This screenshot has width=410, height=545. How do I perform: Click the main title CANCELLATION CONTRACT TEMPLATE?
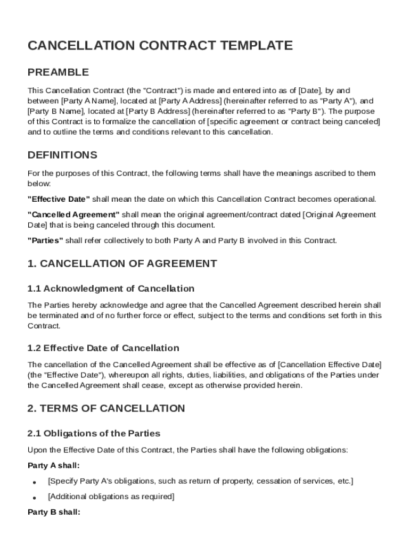click(x=160, y=46)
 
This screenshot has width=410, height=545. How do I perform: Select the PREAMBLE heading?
click(x=58, y=72)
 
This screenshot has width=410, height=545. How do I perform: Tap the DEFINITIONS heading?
click(x=62, y=155)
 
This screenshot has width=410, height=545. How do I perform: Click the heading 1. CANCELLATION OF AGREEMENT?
click(x=122, y=263)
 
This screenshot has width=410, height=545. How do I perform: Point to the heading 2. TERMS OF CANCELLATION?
click(x=106, y=409)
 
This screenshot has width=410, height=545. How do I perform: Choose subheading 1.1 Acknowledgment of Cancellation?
click(x=111, y=289)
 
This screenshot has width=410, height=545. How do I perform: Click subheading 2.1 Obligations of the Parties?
click(x=94, y=434)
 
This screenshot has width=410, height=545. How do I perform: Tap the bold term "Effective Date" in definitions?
click(x=59, y=199)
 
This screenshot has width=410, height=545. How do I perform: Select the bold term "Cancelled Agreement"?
click(x=73, y=215)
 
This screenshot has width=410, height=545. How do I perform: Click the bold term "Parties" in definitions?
click(x=45, y=241)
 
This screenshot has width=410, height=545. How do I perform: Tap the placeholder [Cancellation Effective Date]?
click(x=330, y=365)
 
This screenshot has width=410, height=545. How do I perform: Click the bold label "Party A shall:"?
click(x=53, y=466)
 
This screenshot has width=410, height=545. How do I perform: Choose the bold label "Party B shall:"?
click(x=53, y=513)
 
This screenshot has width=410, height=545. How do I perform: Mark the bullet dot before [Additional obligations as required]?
click(x=34, y=498)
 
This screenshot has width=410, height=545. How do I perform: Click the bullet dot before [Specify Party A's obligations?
click(x=34, y=483)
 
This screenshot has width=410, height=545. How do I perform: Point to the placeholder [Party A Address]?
click(x=191, y=101)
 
